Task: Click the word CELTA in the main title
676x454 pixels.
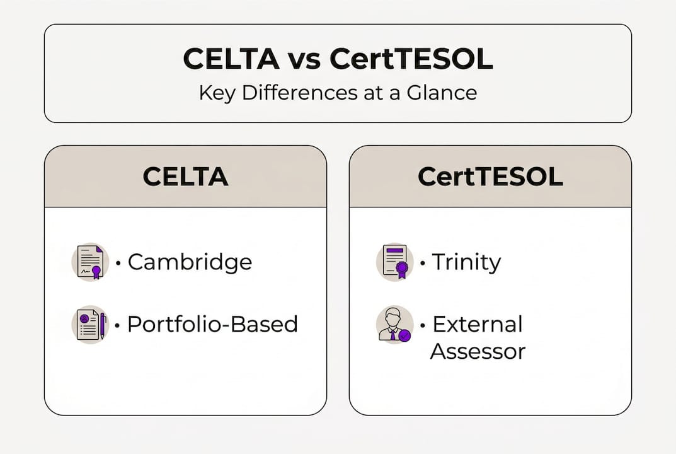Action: coord(231,59)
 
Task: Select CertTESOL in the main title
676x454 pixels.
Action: coord(411,59)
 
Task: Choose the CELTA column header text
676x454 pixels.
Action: coord(185,177)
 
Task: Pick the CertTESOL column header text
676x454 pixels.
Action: coord(490,177)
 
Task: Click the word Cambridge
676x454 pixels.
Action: coord(190,262)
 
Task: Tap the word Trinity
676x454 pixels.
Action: coord(466,262)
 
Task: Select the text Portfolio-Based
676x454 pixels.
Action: coord(212,324)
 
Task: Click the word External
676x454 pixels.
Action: coord(478,324)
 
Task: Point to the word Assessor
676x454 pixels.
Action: coord(478,351)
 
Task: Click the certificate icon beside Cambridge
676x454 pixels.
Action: coord(89,262)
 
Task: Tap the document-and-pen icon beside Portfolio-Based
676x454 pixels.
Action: coord(89,325)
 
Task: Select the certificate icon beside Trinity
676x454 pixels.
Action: coord(394,262)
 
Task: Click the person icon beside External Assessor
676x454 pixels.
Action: coord(394,325)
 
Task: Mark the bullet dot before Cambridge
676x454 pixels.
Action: coord(118,262)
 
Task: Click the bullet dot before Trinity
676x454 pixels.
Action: coord(422,262)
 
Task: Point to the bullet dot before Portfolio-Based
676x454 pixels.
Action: coord(118,325)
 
